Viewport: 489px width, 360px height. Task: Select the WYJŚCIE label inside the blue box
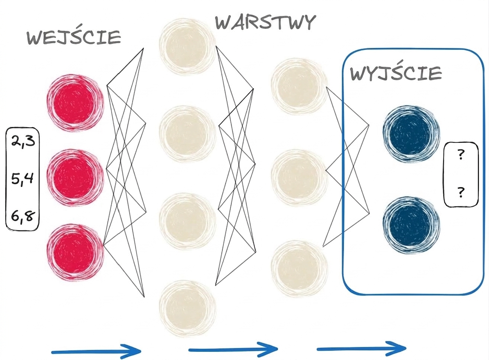[x=396, y=73]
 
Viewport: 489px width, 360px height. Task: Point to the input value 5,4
[x=22, y=179]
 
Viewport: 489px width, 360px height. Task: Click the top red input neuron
[x=75, y=103]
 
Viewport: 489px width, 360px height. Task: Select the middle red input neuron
[x=75, y=178]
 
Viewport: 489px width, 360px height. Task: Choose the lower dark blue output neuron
[x=411, y=225]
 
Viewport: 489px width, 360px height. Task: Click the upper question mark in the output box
[x=461, y=154]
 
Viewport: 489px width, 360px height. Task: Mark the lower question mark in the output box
[x=461, y=192]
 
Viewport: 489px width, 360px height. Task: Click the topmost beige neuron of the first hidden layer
[x=187, y=47]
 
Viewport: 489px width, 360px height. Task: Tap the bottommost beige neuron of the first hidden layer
[x=187, y=308]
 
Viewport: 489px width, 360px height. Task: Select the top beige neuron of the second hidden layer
[x=300, y=86]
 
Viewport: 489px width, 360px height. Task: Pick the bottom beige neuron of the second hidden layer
[x=300, y=269]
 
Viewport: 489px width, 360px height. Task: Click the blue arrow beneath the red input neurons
[x=96, y=351]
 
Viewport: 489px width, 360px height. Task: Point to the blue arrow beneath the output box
[x=361, y=349]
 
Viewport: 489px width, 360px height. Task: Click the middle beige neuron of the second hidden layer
[x=300, y=178]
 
